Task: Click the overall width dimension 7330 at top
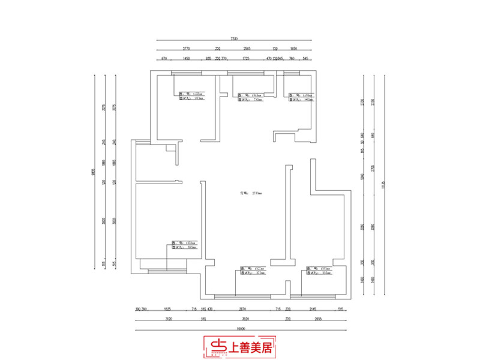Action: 235,38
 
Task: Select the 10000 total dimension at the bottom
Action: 240,329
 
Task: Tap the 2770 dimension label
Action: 187,49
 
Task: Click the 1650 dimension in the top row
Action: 294,49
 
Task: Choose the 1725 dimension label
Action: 245,59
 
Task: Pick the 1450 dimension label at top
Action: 187,59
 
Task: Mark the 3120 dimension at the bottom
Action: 169,319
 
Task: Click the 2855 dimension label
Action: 319,319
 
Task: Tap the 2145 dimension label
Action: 312,309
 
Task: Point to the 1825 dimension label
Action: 169,309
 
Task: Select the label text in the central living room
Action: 245,193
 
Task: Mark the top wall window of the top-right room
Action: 293,73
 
